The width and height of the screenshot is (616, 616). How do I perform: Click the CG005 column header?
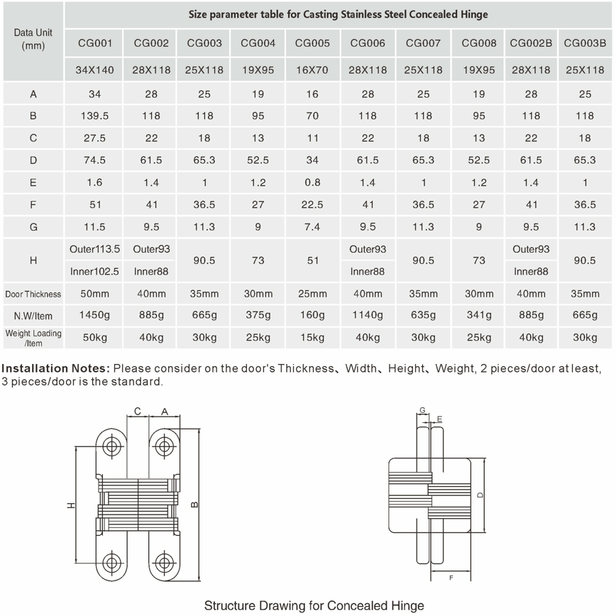(312, 43)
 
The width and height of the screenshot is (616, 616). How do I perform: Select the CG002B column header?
(531, 43)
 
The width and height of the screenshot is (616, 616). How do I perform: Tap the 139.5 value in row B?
(95, 116)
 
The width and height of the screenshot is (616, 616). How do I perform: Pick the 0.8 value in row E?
(312, 182)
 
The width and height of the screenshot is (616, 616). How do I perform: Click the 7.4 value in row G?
(312, 227)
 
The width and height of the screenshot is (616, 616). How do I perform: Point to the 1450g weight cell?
(95, 316)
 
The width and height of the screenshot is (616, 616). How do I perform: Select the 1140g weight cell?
(368, 316)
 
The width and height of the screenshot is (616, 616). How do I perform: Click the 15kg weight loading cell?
(312, 338)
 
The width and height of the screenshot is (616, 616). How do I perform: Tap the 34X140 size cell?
(95, 70)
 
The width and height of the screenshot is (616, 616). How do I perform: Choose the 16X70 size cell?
(312, 70)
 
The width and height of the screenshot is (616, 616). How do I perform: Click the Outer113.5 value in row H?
(95, 249)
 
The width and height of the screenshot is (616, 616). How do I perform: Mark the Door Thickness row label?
(33, 294)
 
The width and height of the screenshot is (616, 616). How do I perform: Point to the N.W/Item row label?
(33, 316)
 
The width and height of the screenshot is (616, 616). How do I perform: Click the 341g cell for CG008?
(479, 316)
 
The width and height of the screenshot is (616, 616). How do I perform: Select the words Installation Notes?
(56, 368)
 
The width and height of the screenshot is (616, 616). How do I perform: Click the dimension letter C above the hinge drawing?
(138, 412)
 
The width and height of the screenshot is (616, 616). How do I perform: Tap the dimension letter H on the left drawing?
(70, 505)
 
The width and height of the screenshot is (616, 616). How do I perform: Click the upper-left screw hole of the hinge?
(112, 446)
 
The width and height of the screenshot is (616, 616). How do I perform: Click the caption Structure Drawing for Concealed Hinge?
(314, 605)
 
